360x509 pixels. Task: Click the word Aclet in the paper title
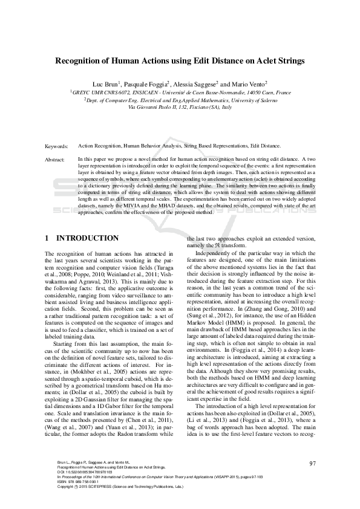coord(253,60)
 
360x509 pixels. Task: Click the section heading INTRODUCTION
coord(90,239)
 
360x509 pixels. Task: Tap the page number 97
coord(313,464)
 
